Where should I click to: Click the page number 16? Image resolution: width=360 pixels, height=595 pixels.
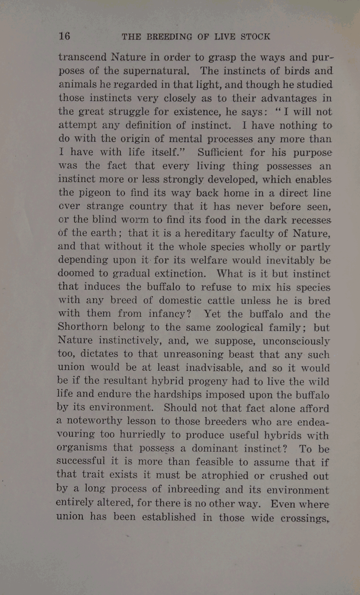(64, 36)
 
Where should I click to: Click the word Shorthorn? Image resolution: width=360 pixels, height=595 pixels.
(88, 328)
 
